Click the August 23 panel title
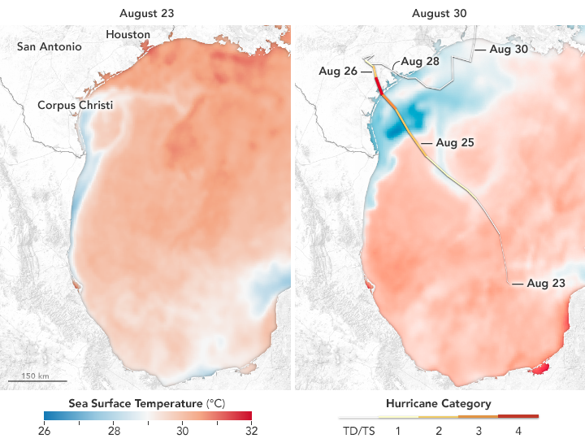145,12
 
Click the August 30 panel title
438,12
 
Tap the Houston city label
128,35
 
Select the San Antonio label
50,47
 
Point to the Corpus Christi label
75,106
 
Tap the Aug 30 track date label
509,50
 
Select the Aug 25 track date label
454,142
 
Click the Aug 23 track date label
545,284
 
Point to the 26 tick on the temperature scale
44,430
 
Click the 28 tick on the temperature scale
114,430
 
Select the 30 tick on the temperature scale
183,430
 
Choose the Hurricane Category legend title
438,403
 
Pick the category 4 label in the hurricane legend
518,430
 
